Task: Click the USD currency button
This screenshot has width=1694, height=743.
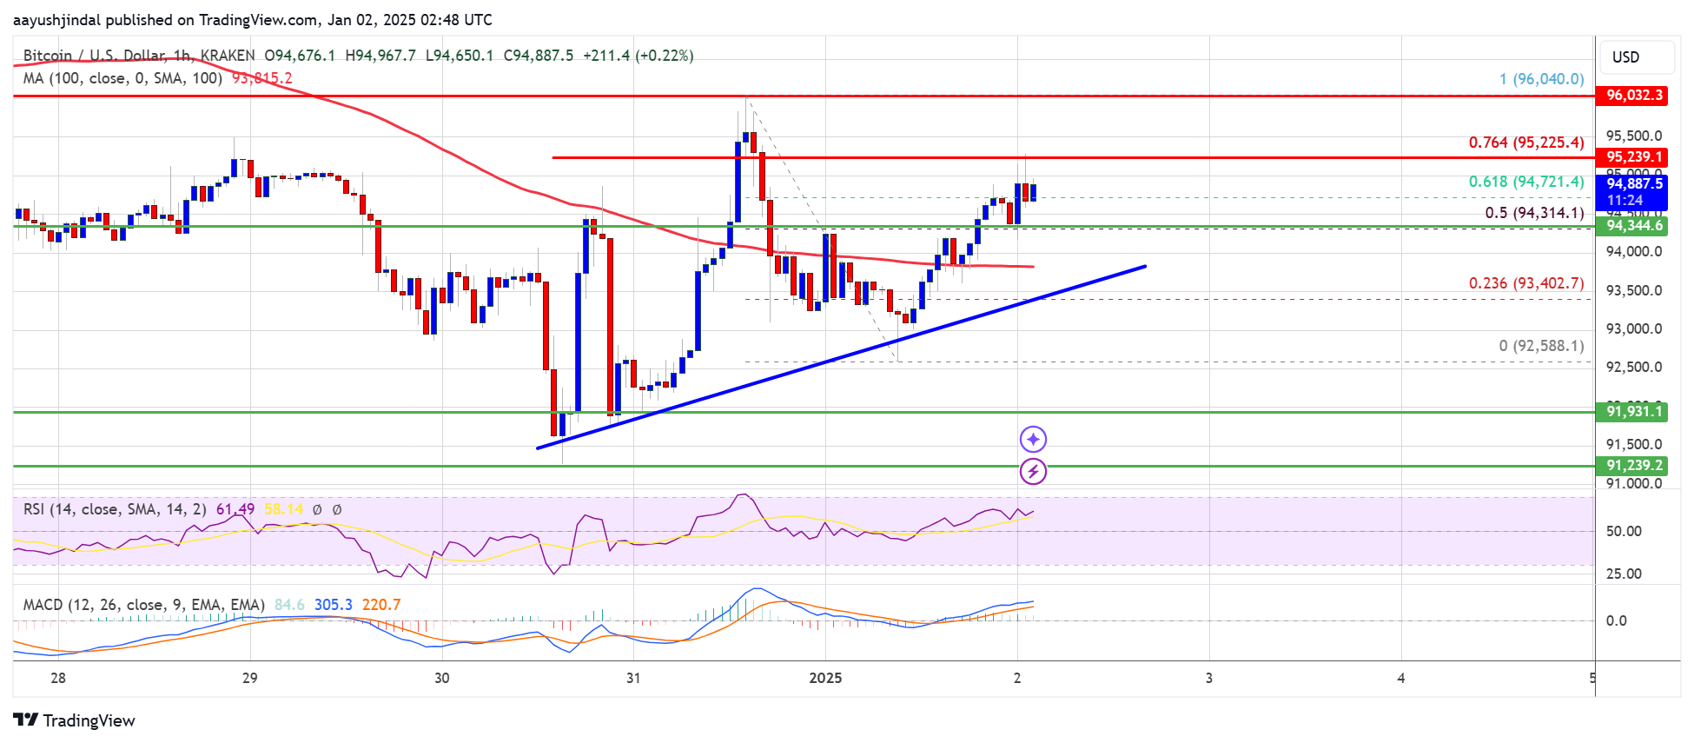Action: [x=1637, y=57]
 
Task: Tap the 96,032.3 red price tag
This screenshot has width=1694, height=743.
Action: [x=1633, y=96]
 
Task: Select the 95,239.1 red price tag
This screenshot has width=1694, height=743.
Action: [x=1633, y=157]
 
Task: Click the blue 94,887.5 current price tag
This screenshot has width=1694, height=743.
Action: [x=1633, y=184]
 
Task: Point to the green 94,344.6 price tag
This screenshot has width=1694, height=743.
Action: [x=1633, y=226]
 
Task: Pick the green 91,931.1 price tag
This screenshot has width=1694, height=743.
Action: [x=1633, y=412]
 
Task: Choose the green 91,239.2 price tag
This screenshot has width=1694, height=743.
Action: [x=1633, y=466]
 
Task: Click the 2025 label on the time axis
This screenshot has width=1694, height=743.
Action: [x=825, y=678]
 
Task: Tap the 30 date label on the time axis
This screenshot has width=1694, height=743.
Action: [x=442, y=678]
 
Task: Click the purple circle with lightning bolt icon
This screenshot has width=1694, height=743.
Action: [x=1033, y=472]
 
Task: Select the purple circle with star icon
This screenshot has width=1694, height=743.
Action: [x=1033, y=440]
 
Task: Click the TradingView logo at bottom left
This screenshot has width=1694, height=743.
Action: [x=75, y=720]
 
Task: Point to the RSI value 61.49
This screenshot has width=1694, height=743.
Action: [x=235, y=509]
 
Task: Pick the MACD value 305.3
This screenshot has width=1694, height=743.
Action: [x=334, y=605]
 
